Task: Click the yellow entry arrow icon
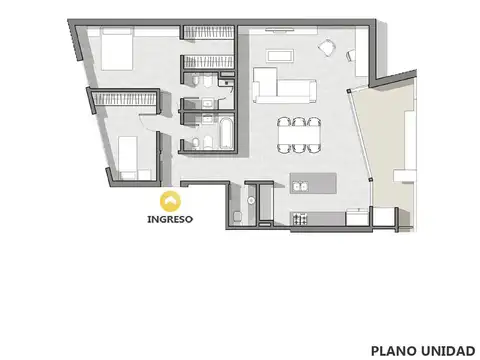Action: [x=169, y=200]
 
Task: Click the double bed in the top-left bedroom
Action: [x=114, y=49]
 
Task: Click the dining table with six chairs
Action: [x=299, y=134]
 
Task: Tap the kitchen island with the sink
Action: [x=312, y=184]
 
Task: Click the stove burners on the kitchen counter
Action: [x=297, y=218]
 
